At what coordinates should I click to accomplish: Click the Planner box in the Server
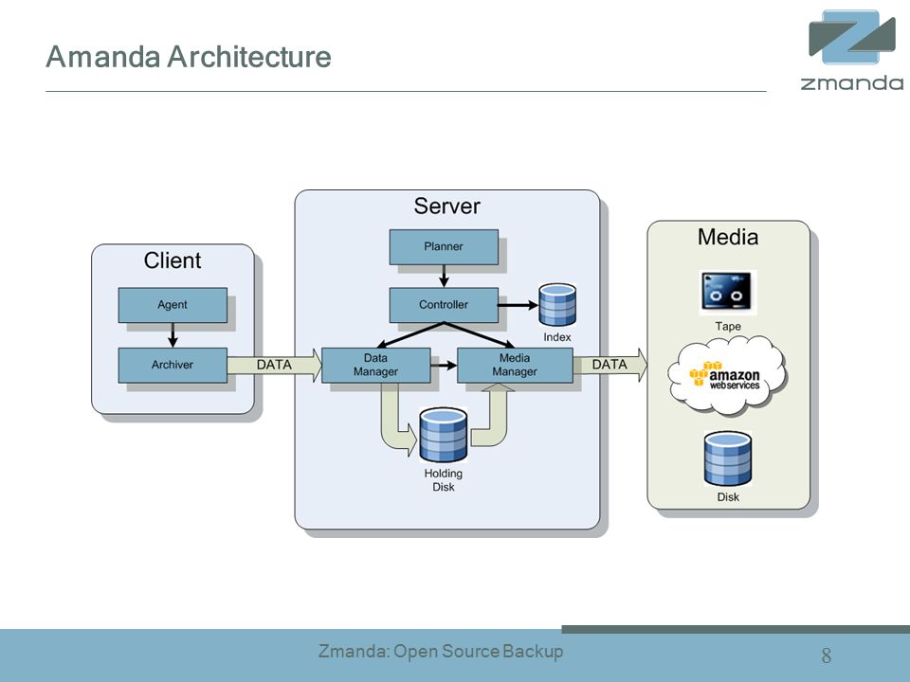tap(444, 247)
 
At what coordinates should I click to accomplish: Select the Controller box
tap(444, 305)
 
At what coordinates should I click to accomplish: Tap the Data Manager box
tap(376, 366)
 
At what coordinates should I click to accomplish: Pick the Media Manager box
tap(515, 366)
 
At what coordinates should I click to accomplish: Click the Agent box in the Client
tap(173, 305)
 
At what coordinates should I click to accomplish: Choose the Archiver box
tap(173, 366)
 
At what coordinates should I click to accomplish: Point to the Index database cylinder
tap(557, 304)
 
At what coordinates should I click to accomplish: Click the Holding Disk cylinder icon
tap(444, 435)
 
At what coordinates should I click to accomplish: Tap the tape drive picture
tap(728, 293)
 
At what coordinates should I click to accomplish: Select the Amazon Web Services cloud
tap(727, 376)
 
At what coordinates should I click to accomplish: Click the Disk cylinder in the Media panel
tap(728, 458)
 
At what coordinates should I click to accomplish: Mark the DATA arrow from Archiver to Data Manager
tap(275, 366)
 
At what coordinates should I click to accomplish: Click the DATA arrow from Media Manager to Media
tap(610, 365)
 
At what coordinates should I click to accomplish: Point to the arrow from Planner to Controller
tap(444, 276)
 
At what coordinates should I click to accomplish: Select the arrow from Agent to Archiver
tap(173, 335)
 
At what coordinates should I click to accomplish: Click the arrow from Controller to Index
tap(519, 305)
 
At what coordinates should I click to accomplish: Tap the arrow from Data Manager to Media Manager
tap(444, 366)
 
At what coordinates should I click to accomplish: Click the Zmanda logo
tap(852, 50)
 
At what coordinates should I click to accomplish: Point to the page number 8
tap(827, 655)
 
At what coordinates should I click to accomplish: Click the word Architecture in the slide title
tap(249, 57)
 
